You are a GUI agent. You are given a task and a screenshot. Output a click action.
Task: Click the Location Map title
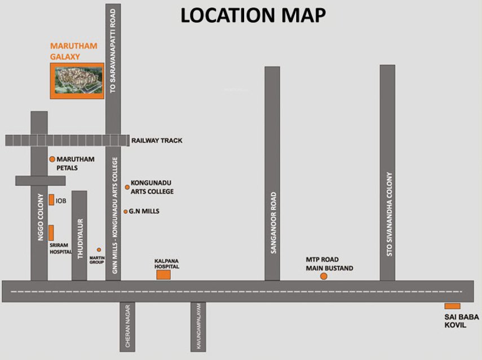(x=253, y=15)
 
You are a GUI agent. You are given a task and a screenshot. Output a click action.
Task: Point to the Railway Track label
(x=157, y=140)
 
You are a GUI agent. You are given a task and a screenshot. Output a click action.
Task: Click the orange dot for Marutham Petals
(x=52, y=159)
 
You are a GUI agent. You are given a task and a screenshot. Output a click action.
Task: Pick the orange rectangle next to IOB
(x=51, y=199)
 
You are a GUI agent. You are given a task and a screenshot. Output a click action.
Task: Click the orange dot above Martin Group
(x=99, y=250)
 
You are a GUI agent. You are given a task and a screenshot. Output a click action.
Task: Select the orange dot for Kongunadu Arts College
(x=127, y=187)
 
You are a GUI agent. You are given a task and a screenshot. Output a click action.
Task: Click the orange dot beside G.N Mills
(x=126, y=212)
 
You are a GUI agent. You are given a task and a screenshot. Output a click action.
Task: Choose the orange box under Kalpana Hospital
(x=163, y=275)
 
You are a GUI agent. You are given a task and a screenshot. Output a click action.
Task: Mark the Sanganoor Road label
(x=273, y=223)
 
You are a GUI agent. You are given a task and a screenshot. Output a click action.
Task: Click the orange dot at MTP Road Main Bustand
(x=324, y=276)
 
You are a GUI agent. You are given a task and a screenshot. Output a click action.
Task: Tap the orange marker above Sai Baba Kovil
(x=452, y=306)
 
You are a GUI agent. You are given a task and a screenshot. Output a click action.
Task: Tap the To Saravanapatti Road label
(x=113, y=51)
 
